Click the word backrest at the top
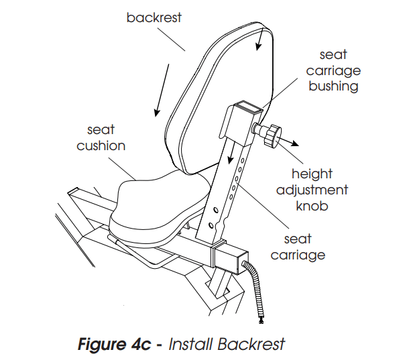click(x=154, y=18)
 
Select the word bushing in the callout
click(x=333, y=86)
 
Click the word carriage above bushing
click(x=333, y=70)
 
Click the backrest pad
click(x=215, y=101)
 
